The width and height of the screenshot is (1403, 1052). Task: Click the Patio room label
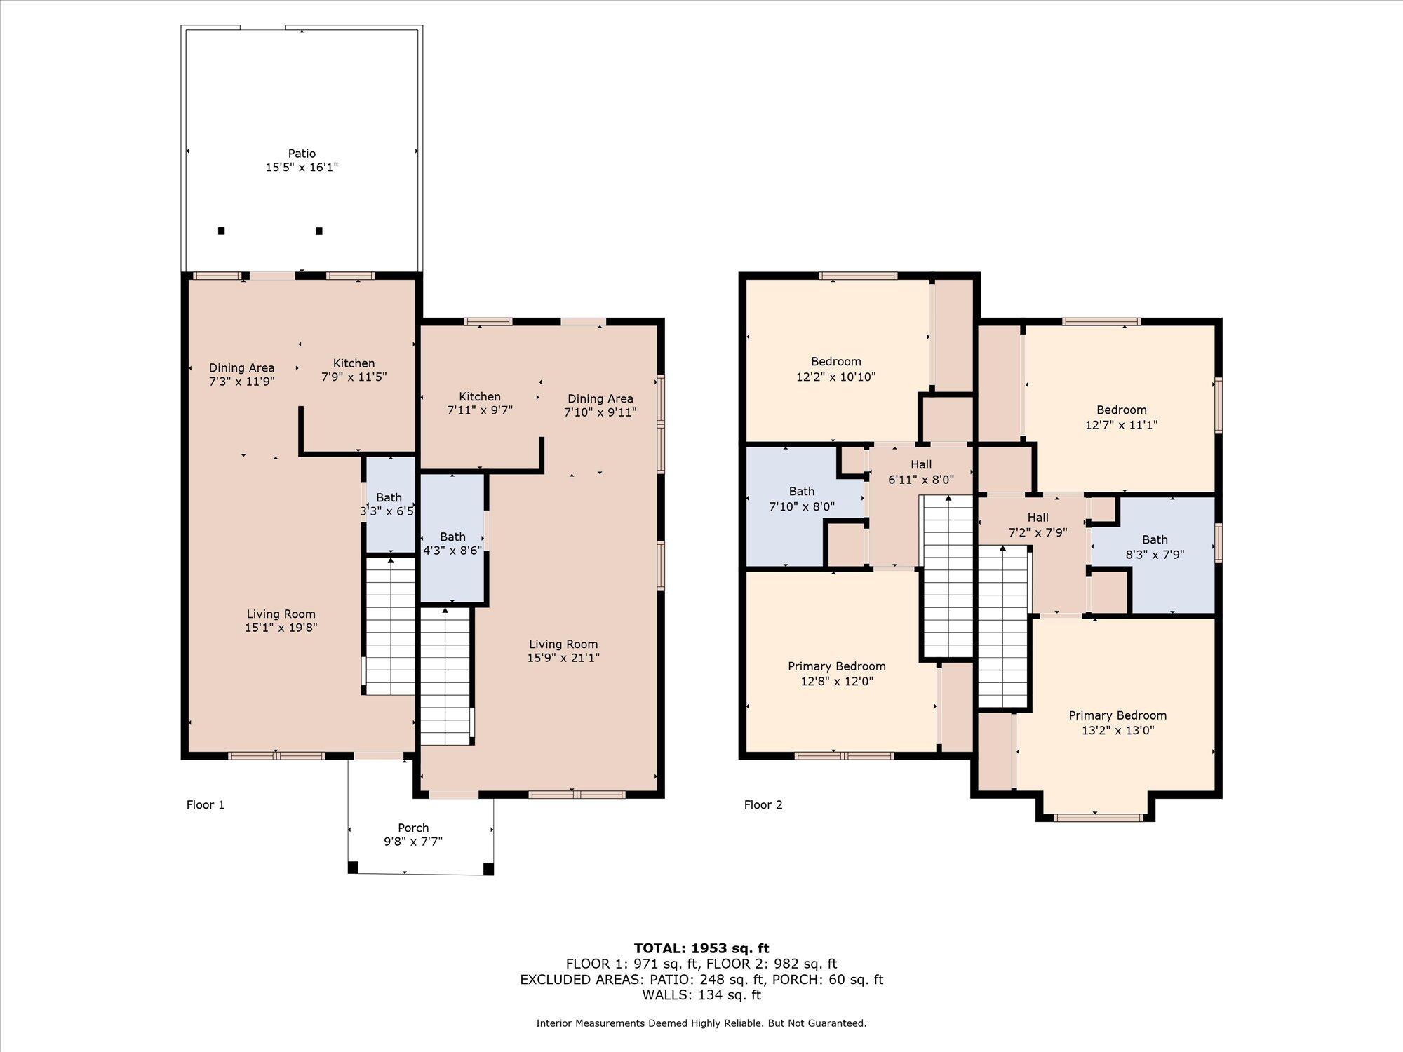[302, 154]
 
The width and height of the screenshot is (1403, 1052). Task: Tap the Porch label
[413, 828]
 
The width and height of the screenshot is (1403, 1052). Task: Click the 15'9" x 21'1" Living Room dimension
[563, 658]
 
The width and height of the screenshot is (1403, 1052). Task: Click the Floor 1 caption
[206, 804]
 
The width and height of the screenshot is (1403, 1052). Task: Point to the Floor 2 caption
[763, 804]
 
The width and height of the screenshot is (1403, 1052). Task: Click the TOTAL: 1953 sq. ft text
[701, 949]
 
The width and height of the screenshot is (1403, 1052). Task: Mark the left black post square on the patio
[221, 231]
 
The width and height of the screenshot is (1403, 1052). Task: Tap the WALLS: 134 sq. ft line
[701, 994]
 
